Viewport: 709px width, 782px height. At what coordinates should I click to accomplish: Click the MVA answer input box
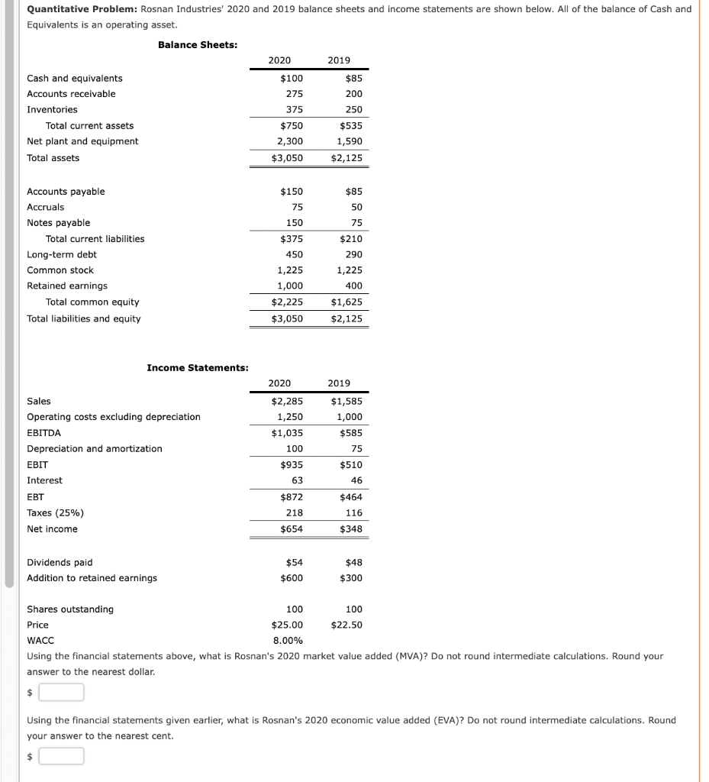pos(62,693)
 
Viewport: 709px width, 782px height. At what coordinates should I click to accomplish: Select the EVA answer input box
pos(62,757)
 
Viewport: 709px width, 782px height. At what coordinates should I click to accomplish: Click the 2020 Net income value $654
pos(291,529)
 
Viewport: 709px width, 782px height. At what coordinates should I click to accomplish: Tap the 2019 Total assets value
pos(347,158)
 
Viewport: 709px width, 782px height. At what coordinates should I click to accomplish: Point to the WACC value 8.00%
pos(288,641)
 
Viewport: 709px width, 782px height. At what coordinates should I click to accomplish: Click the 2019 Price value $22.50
pos(346,625)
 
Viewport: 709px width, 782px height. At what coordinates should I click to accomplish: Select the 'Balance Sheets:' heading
pos(198,45)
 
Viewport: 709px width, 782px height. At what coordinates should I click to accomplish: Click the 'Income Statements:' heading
pos(198,368)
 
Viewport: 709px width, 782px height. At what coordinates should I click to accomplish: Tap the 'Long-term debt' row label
pos(62,254)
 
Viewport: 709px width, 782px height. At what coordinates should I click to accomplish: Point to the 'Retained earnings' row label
pos(67,286)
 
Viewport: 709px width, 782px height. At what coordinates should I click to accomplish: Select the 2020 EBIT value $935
pos(291,464)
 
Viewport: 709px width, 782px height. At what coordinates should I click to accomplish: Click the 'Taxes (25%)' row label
pos(55,513)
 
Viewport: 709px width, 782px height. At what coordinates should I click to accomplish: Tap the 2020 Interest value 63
pos(297,480)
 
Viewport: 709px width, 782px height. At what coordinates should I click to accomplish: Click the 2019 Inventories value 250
pos(353,110)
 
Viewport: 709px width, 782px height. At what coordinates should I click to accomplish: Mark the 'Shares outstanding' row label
pos(70,609)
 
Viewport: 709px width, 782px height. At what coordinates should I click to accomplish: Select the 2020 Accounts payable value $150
pos(292,192)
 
